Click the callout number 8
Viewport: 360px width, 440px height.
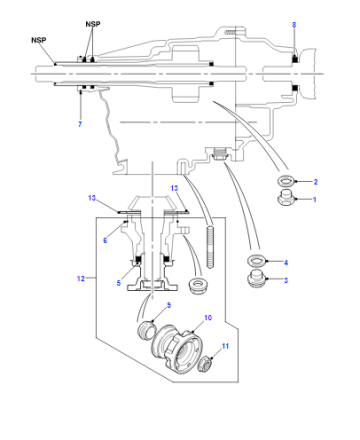[x=294, y=25]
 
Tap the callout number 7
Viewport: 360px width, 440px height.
[x=80, y=124]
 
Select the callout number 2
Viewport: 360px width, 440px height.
[x=316, y=182]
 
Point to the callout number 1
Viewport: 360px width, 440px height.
[x=314, y=199]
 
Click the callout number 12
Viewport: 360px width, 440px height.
[x=81, y=278]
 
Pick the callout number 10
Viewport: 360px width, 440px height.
[x=208, y=317]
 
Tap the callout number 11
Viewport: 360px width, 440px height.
[x=225, y=346]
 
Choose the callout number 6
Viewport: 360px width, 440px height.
[x=105, y=240]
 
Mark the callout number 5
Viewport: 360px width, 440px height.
[x=119, y=283]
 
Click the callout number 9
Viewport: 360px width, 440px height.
[x=169, y=305]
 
